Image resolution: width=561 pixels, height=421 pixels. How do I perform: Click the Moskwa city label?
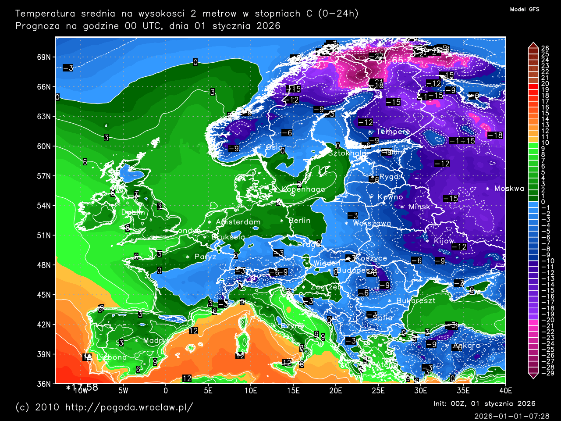(x=509, y=189)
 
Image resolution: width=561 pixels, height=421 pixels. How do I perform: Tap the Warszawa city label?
(x=372, y=223)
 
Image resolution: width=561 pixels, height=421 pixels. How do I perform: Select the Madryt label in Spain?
(x=156, y=340)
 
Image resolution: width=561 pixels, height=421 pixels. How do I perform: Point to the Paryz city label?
(x=205, y=257)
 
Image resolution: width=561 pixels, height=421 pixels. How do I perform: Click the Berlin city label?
(x=299, y=221)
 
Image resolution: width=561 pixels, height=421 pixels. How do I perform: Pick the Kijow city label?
(x=444, y=241)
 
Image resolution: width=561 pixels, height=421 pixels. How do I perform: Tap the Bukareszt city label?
(x=415, y=301)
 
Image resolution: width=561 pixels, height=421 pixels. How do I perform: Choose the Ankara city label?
(x=466, y=346)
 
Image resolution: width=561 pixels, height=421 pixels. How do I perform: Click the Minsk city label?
(x=419, y=207)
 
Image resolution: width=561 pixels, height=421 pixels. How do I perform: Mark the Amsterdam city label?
(x=238, y=222)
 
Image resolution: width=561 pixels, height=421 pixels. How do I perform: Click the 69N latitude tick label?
(x=44, y=57)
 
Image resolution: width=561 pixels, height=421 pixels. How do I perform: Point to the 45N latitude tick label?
(x=44, y=295)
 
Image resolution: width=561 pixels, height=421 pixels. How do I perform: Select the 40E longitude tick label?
(x=505, y=390)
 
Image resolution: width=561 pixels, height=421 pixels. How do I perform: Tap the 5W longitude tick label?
(x=123, y=390)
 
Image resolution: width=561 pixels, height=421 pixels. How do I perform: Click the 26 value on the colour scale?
(x=545, y=49)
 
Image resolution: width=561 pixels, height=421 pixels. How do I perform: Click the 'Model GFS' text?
(x=525, y=9)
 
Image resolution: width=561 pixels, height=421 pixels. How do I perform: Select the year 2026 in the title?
(x=268, y=26)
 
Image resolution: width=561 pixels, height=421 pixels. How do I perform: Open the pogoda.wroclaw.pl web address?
(x=129, y=407)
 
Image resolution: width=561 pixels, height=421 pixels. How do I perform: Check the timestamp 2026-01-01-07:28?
(x=511, y=416)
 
